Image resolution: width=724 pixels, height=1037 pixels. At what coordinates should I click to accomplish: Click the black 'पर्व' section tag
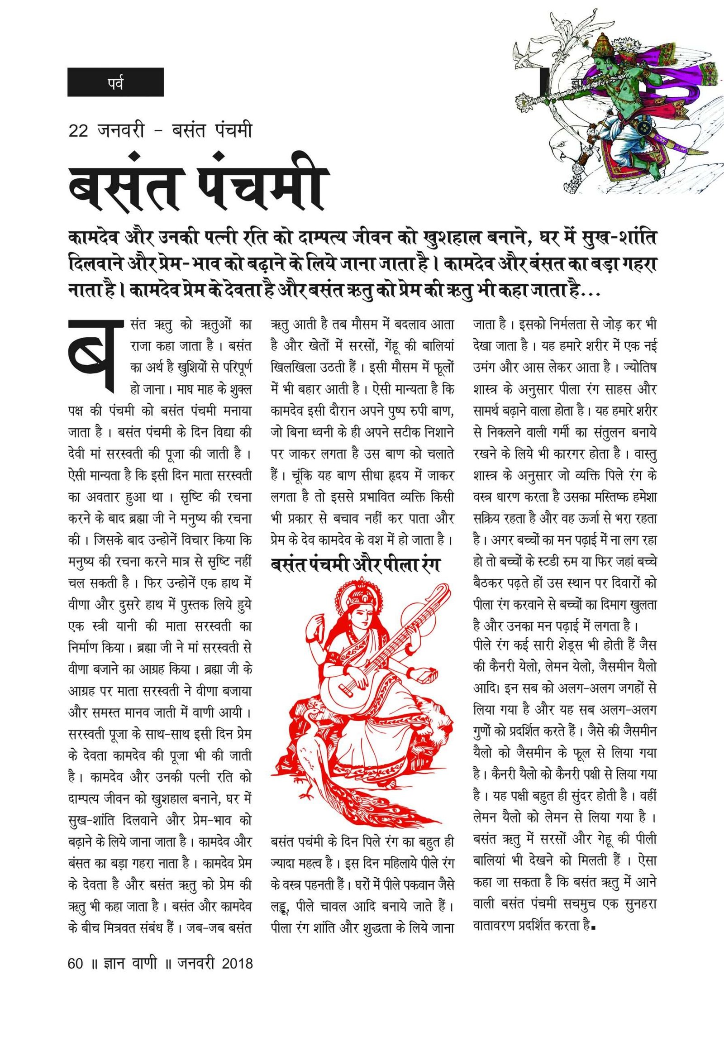click(115, 82)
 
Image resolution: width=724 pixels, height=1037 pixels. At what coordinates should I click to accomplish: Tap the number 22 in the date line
click(78, 131)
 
